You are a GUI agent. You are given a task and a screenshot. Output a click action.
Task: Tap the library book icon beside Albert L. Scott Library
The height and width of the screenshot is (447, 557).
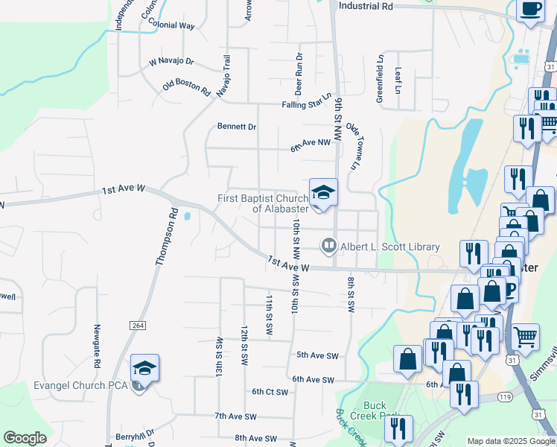pyautogui.click(x=328, y=245)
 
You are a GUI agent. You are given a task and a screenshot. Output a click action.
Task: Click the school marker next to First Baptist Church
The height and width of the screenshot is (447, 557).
pyautogui.click(x=324, y=192)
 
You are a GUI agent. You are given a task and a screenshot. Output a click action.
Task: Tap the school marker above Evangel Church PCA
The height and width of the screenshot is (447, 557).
pyautogui.click(x=144, y=368)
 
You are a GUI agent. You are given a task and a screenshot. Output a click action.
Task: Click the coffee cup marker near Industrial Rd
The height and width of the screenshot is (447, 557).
pyautogui.click(x=531, y=10)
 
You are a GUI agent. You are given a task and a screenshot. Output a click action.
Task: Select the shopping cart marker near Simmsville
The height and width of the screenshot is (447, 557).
pyautogui.click(x=526, y=336)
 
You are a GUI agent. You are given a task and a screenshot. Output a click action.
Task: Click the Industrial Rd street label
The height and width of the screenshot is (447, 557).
pyautogui.click(x=365, y=6)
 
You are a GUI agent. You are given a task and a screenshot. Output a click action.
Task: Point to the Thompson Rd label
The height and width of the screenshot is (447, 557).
pyautogui.click(x=168, y=237)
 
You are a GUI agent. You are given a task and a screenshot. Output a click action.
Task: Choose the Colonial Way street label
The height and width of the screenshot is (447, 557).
pyautogui.click(x=171, y=25)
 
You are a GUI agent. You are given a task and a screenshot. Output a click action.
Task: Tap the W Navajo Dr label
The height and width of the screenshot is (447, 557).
pyautogui.click(x=171, y=61)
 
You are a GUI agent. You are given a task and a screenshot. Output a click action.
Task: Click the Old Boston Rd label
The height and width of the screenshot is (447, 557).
pyautogui.click(x=186, y=87)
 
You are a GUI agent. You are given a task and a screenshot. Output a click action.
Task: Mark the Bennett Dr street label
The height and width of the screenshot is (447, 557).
pyautogui.click(x=237, y=127)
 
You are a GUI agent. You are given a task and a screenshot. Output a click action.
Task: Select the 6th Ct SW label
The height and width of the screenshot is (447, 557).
pyautogui.click(x=270, y=391)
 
